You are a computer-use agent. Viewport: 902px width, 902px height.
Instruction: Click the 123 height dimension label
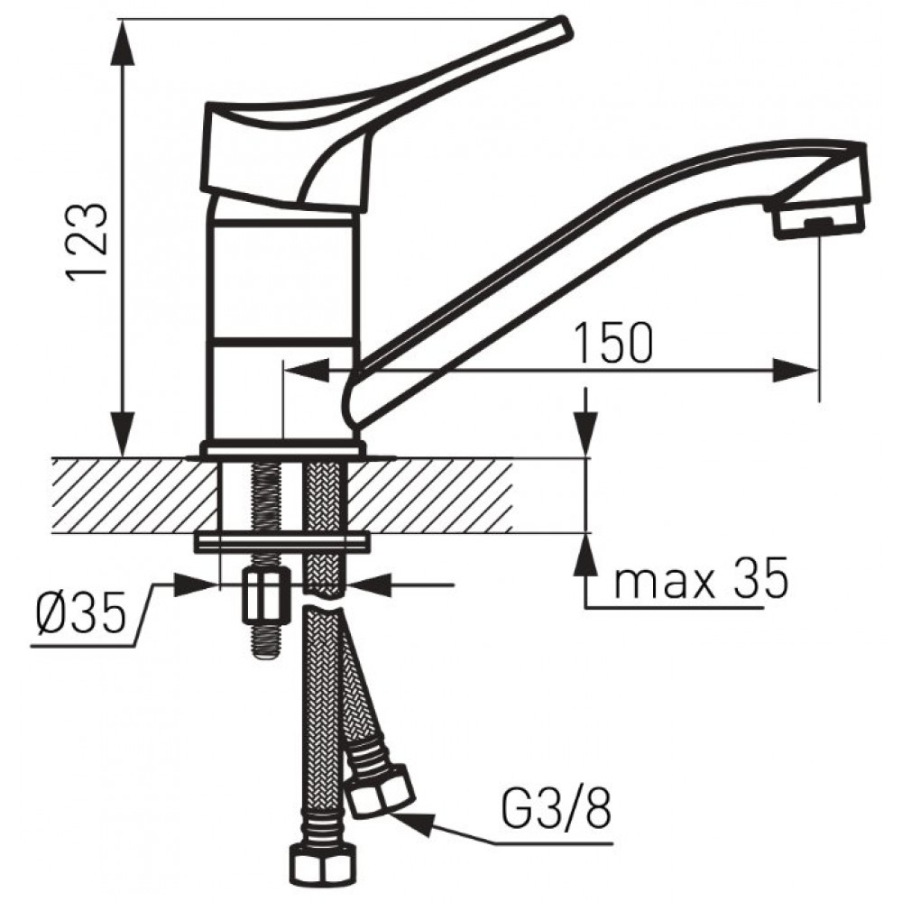coord(87,241)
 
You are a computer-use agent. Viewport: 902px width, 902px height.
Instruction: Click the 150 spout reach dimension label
coord(614,343)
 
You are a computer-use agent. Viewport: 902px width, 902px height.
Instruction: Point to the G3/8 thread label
coord(555,810)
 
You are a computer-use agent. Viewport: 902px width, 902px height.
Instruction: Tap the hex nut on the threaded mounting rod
coord(266,594)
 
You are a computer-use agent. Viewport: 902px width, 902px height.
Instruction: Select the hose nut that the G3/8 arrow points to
coord(382,790)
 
